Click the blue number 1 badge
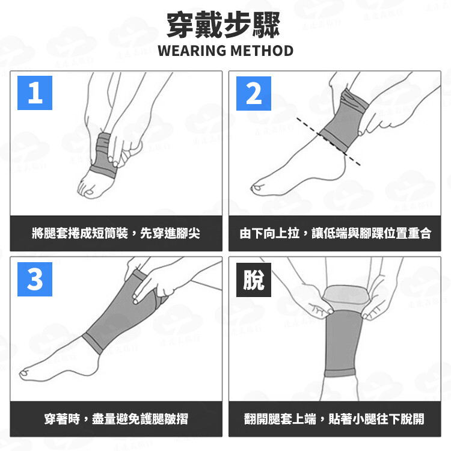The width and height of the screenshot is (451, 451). (35, 93)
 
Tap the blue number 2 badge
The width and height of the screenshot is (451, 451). (254, 93)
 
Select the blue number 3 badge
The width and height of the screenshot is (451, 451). (35, 279)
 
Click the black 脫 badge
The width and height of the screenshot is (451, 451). (254, 280)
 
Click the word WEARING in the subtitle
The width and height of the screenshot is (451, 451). (192, 51)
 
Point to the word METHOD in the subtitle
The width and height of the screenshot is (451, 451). (262, 51)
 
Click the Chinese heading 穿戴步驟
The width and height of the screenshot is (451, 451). (224, 25)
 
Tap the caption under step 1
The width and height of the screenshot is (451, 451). (116, 233)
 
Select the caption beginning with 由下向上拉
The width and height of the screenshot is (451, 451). (336, 233)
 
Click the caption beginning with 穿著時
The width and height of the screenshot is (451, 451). (116, 419)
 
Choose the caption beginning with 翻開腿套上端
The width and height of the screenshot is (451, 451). (334, 419)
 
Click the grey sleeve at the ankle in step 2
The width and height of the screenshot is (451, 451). (344, 121)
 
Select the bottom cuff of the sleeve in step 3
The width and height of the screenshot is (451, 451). (93, 343)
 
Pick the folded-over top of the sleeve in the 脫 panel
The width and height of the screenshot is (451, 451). (345, 296)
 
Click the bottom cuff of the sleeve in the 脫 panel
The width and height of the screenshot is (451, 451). (340, 373)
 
